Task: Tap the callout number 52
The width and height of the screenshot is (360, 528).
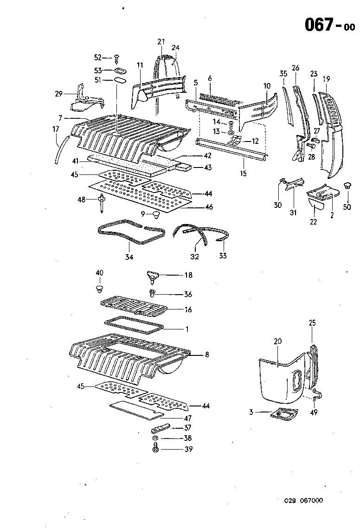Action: [98, 58]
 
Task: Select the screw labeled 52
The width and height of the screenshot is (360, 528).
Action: [117, 58]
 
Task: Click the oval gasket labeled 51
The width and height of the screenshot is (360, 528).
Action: [119, 81]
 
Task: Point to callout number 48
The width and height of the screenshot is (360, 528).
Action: [81, 200]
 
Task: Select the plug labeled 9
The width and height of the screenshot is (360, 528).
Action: [154, 214]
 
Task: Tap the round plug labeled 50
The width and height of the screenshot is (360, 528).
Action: [347, 186]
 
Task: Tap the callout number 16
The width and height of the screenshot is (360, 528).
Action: [187, 309]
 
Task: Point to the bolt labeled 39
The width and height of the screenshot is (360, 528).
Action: [156, 449]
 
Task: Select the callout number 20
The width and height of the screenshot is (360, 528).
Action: [278, 341]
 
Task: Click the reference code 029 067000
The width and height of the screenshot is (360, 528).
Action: [304, 500]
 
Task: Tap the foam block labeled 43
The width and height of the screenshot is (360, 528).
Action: [184, 167]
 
